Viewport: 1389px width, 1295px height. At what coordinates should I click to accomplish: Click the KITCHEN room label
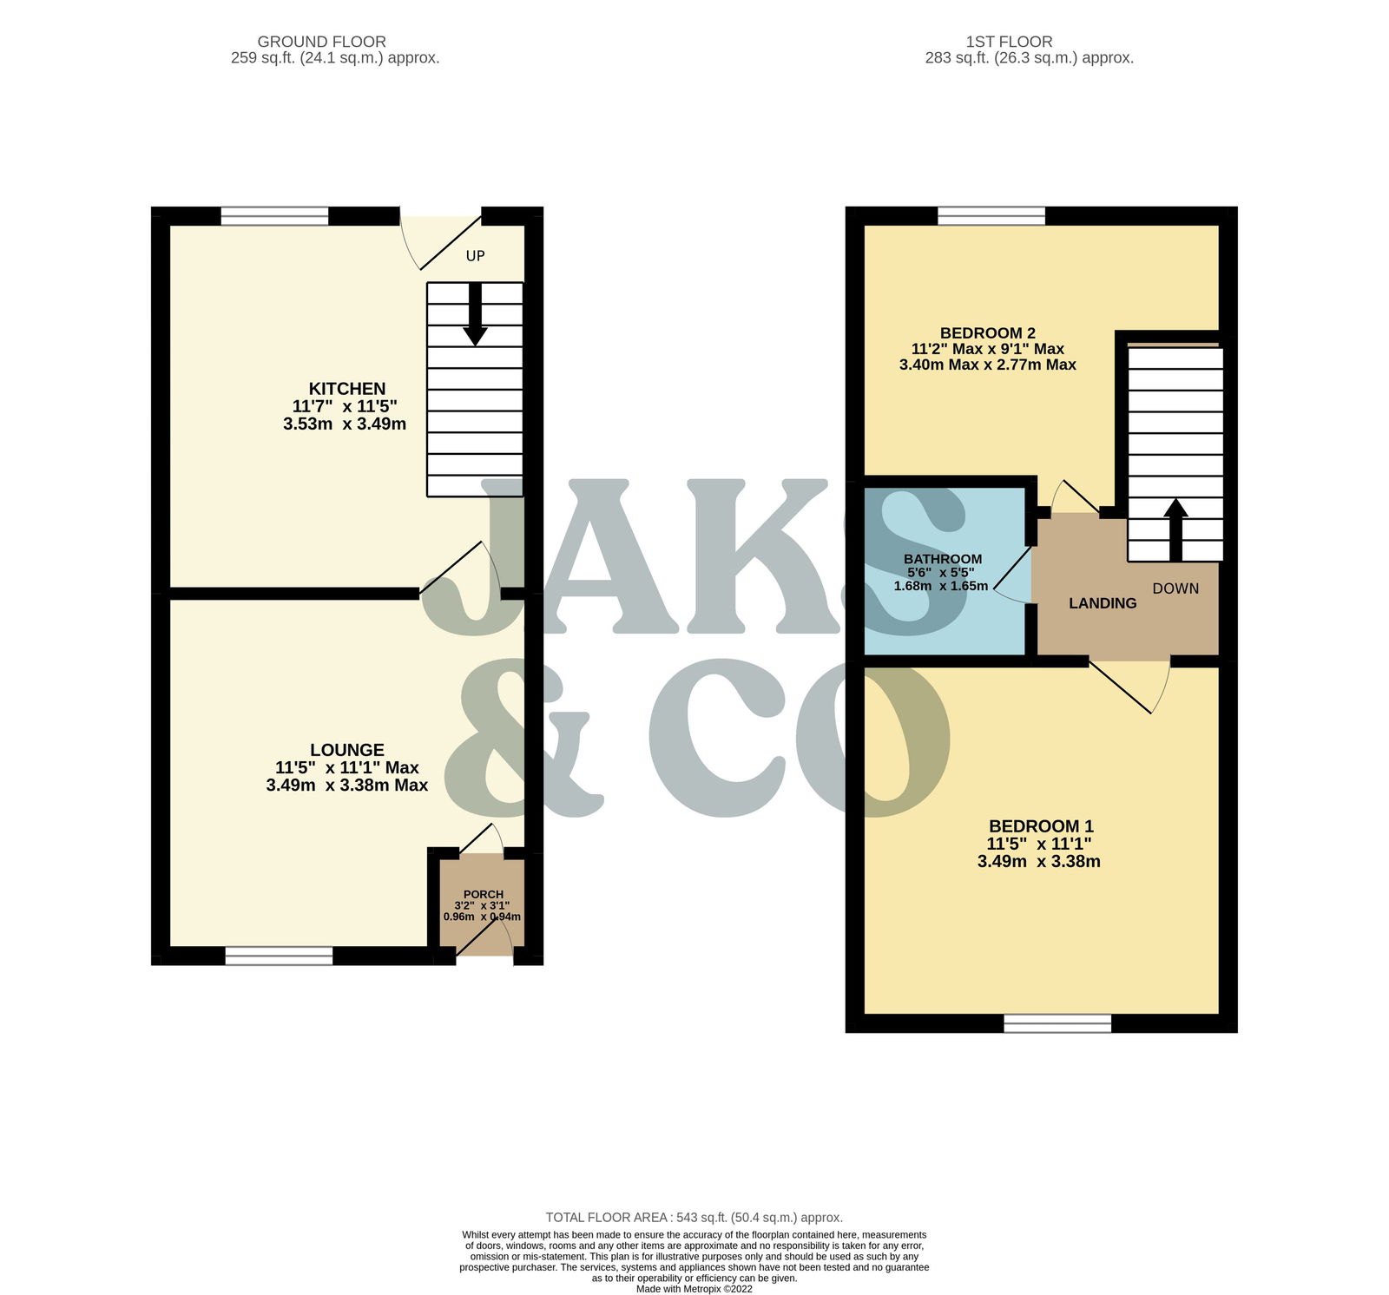point(347,389)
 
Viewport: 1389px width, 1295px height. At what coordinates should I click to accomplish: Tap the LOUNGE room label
point(347,750)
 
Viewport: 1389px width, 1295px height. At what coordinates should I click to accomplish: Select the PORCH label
point(484,895)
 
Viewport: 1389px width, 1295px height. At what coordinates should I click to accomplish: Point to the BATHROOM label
point(943,559)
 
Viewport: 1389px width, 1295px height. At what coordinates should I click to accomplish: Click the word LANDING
point(1103,603)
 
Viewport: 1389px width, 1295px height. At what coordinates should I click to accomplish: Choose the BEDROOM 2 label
point(988,333)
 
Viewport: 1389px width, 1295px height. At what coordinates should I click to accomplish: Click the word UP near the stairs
point(476,256)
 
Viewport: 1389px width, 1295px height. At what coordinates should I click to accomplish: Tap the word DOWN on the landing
point(1175,588)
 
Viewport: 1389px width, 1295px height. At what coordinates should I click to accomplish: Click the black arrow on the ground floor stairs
point(475,314)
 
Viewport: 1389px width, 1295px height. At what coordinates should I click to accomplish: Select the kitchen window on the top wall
point(274,216)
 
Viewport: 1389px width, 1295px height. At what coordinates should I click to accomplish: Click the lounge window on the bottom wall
point(279,956)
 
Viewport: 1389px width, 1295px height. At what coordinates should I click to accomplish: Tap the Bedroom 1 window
point(1057,1023)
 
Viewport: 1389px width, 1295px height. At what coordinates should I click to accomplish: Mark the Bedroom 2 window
point(991,216)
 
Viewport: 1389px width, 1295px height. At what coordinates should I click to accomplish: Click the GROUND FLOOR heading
point(322,42)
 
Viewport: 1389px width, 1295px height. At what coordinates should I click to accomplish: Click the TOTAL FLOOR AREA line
point(694,1218)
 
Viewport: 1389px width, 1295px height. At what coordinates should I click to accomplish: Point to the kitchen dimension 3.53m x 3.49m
point(345,424)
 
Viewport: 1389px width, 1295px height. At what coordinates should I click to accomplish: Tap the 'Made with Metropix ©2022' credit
point(694,1289)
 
